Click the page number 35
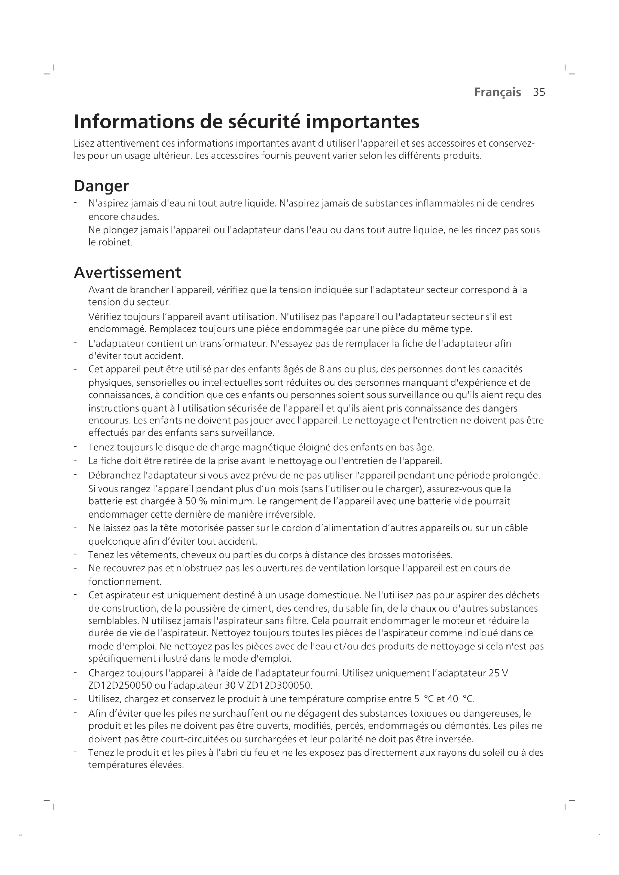tap(539, 92)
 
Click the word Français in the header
tap(497, 92)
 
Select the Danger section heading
tap(101, 186)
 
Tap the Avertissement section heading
tap(127, 272)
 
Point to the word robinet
tap(117, 242)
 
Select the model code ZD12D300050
tap(279, 686)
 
